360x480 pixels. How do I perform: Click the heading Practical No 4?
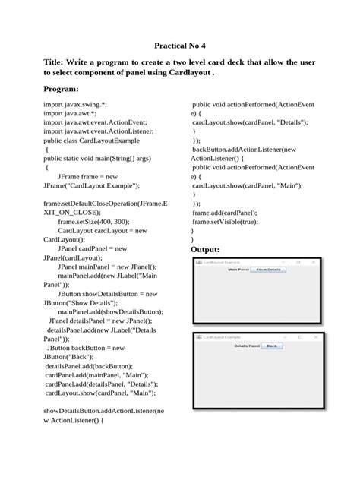tap(179, 46)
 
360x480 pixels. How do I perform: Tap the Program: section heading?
tap(62, 89)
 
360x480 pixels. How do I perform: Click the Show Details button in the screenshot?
tap(268, 270)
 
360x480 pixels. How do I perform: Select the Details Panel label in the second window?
tap(248, 346)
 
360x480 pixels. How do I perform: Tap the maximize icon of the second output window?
tap(300, 336)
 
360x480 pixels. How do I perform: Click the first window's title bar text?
tap(220, 262)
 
